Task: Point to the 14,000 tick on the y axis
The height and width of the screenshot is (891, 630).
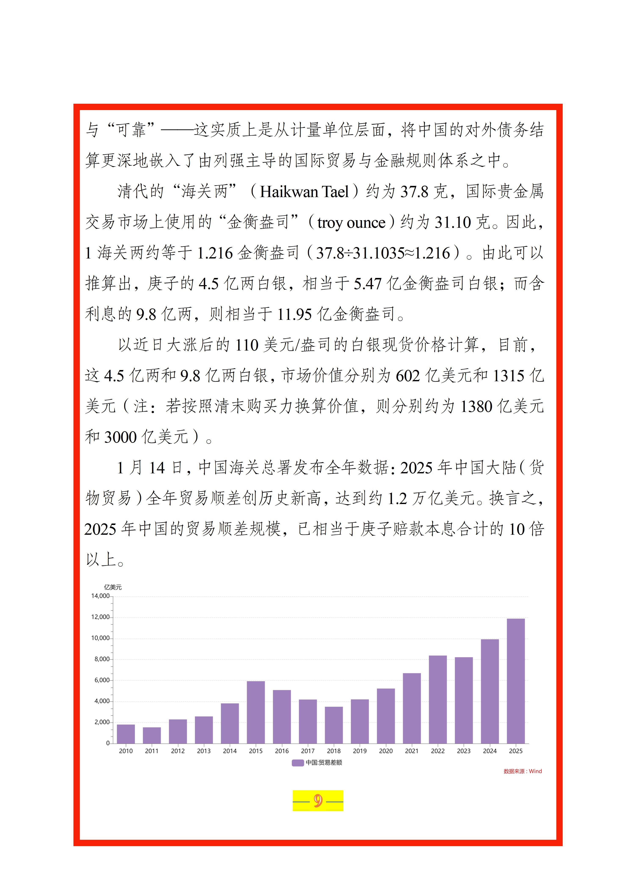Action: (101, 596)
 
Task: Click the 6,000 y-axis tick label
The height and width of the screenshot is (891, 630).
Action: (102, 680)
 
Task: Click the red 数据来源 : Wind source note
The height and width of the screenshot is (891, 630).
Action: (522, 771)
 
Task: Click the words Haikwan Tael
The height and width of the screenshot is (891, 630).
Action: (304, 192)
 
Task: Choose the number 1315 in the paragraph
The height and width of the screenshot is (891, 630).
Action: (509, 376)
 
